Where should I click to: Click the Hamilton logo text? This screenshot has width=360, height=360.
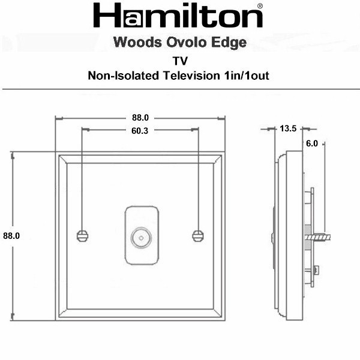click(x=178, y=16)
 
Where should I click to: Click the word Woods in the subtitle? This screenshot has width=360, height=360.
click(x=137, y=42)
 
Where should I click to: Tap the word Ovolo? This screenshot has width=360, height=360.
click(x=187, y=42)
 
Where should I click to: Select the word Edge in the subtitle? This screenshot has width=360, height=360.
click(x=229, y=43)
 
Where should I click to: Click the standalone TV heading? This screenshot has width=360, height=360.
click(x=180, y=61)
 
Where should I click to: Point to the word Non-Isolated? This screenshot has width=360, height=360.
click(x=123, y=76)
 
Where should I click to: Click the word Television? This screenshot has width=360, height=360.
click(x=191, y=76)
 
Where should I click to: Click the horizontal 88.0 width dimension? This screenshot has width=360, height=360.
click(x=140, y=118)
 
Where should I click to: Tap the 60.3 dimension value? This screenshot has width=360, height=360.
click(x=140, y=131)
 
